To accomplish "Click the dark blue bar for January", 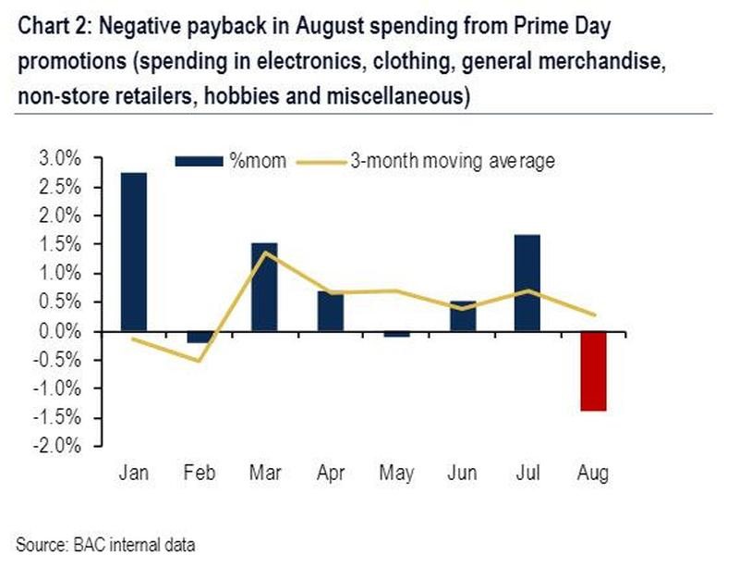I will (x=134, y=252).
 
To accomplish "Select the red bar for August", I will (x=592, y=371).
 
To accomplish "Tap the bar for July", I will (x=527, y=282).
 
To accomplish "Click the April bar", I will (x=330, y=311).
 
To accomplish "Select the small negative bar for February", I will (x=199, y=337).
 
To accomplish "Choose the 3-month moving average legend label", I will (x=452, y=161).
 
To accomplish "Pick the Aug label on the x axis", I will (x=592, y=474).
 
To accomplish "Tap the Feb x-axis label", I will (x=199, y=474).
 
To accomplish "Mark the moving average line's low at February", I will (x=199, y=361).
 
